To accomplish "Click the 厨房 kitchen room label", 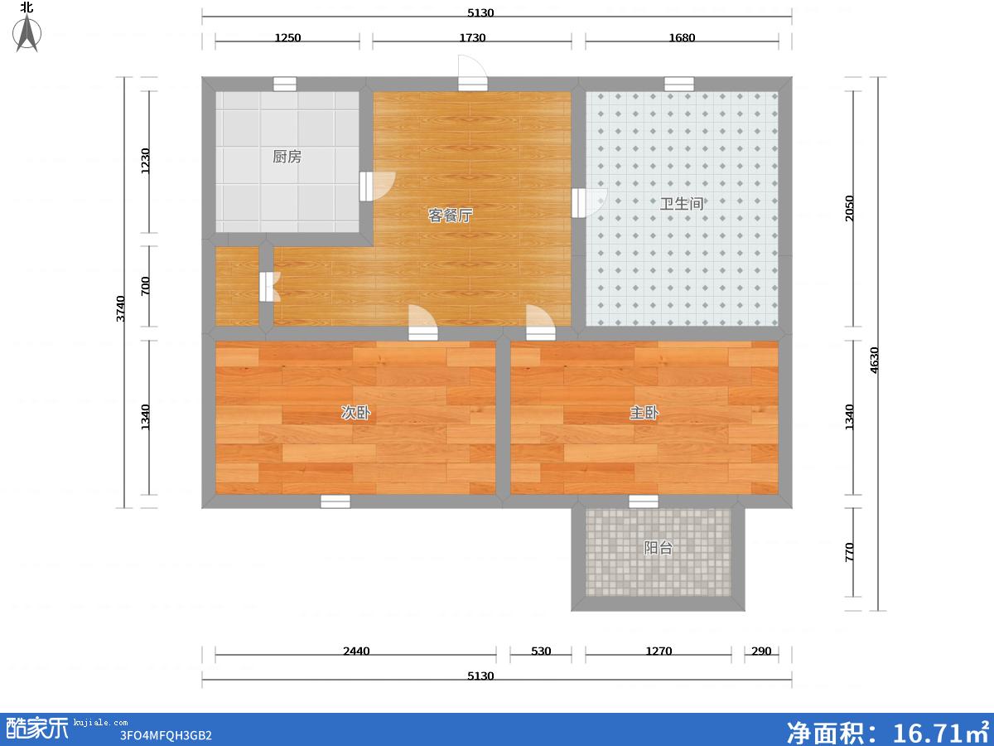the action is point(287,157).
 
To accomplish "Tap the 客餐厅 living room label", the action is point(450,216).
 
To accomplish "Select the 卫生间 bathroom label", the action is point(682,203).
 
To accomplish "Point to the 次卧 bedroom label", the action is point(355,412).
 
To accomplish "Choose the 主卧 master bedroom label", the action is point(644,412).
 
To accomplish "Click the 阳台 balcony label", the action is point(658,548).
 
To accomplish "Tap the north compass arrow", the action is point(27,32).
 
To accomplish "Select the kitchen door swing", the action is point(377,186).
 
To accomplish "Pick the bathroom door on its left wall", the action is point(589,203).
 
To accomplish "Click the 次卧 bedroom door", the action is point(423,322).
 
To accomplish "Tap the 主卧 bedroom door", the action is point(541,322).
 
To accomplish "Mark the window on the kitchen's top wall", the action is point(285,85).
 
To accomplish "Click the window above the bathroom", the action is point(678,85).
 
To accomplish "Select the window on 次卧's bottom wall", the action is point(335,501).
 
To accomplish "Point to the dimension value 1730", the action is point(472,37).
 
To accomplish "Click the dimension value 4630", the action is point(874,360).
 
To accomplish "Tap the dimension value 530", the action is point(541,651).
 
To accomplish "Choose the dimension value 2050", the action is point(849,208).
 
